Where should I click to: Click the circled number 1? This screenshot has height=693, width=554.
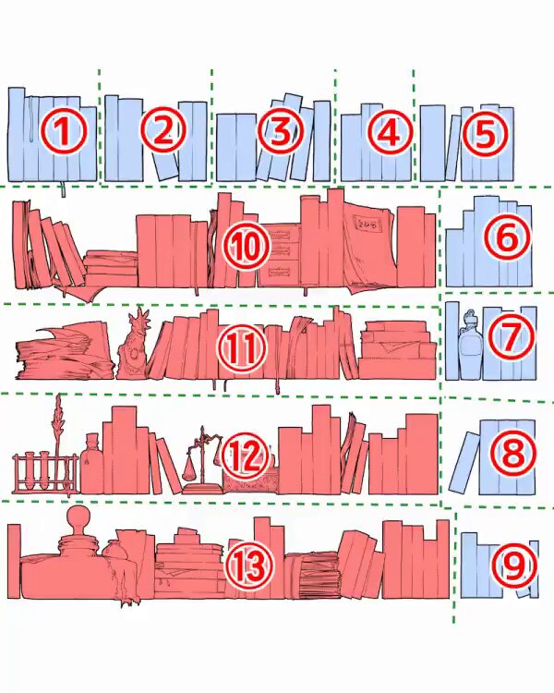point(63,130)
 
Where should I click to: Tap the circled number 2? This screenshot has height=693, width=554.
point(163,130)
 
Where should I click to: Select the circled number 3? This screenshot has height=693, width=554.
point(280,131)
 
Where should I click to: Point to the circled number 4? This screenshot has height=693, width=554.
point(390,131)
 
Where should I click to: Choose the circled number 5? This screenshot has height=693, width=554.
point(485,132)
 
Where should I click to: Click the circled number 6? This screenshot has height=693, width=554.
point(506,237)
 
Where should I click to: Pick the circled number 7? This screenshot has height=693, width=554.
point(512,336)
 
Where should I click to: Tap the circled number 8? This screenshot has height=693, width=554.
point(512,454)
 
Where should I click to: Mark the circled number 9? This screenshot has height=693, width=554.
point(514,566)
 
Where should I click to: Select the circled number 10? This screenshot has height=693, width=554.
point(247,246)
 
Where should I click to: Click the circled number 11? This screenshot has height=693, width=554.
point(241,347)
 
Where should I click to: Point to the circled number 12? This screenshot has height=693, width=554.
point(246,456)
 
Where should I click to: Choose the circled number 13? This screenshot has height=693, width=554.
point(250,567)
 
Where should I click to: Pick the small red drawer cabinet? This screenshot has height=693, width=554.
point(279,255)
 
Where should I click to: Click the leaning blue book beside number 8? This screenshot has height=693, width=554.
point(464,462)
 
